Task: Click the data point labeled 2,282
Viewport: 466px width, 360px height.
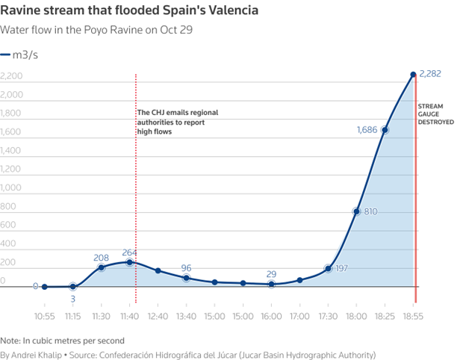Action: click(x=413, y=75)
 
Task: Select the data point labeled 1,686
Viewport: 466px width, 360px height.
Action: click(x=385, y=130)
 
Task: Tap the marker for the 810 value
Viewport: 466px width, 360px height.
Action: click(x=356, y=211)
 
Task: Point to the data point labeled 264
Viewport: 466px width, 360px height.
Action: click(x=130, y=262)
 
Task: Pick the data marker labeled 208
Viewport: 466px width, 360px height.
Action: click(x=102, y=267)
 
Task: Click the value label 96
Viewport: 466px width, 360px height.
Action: click(x=187, y=267)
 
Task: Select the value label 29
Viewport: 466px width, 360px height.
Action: click(x=272, y=274)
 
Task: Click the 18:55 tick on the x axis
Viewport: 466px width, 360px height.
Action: click(x=413, y=305)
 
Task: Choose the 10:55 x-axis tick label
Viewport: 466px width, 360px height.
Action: click(x=44, y=305)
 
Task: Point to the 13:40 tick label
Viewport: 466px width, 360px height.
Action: click(x=187, y=305)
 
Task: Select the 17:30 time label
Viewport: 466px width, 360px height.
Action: click(x=328, y=305)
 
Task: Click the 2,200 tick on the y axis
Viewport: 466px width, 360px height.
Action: click(x=12, y=76)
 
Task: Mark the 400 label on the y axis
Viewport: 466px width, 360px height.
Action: click(x=7, y=244)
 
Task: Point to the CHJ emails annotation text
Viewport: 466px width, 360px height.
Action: click(x=178, y=122)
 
